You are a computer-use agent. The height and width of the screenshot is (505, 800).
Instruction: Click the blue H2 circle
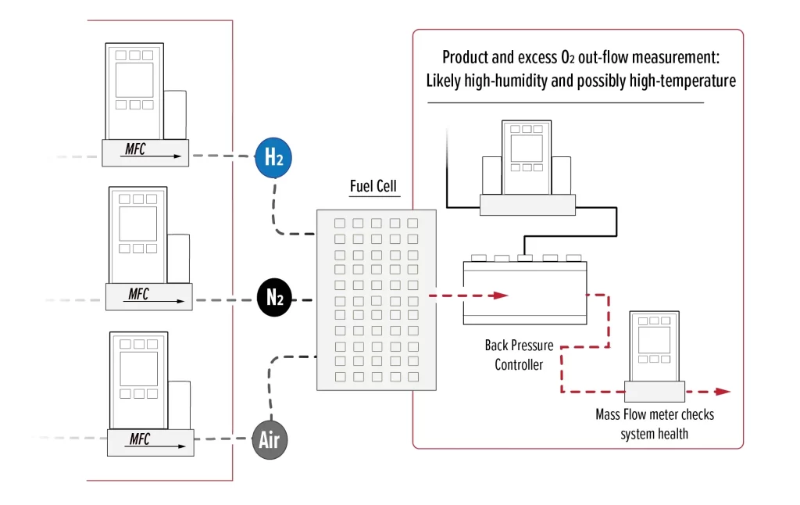273,158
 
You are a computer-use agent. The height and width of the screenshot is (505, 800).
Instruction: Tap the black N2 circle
274,298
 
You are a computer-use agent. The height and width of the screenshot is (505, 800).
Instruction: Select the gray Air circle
270,441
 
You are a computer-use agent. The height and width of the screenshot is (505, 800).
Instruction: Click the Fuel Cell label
373,186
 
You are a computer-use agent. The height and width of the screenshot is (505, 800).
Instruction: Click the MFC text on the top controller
135,149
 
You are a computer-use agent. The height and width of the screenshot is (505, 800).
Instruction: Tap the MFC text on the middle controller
138,295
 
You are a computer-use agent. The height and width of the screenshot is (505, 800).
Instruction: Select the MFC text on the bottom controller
139,439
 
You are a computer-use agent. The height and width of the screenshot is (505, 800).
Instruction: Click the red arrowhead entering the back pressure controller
501,295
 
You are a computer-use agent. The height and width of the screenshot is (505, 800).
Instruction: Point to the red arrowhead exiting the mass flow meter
723,392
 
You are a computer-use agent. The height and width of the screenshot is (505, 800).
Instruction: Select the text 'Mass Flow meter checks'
654,414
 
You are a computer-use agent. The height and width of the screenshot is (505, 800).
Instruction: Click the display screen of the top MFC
134,80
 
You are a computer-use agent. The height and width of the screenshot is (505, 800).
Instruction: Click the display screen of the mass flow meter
655,340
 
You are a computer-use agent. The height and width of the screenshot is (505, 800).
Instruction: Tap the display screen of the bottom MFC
138,368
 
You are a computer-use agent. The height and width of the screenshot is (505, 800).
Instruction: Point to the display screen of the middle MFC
137,224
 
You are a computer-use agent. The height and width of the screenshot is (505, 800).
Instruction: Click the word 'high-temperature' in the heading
688,81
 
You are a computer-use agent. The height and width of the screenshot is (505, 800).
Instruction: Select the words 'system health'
654,433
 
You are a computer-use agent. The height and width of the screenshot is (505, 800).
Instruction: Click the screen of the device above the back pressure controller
527,148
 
